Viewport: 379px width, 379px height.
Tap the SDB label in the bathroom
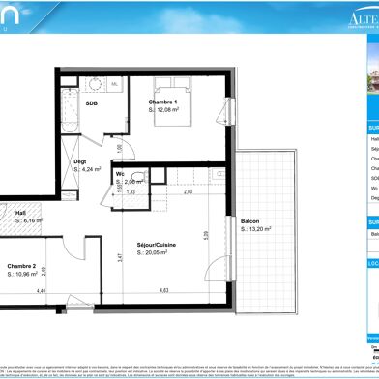[x=119, y=102]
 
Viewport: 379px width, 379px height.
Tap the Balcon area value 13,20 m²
[x=255, y=229]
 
